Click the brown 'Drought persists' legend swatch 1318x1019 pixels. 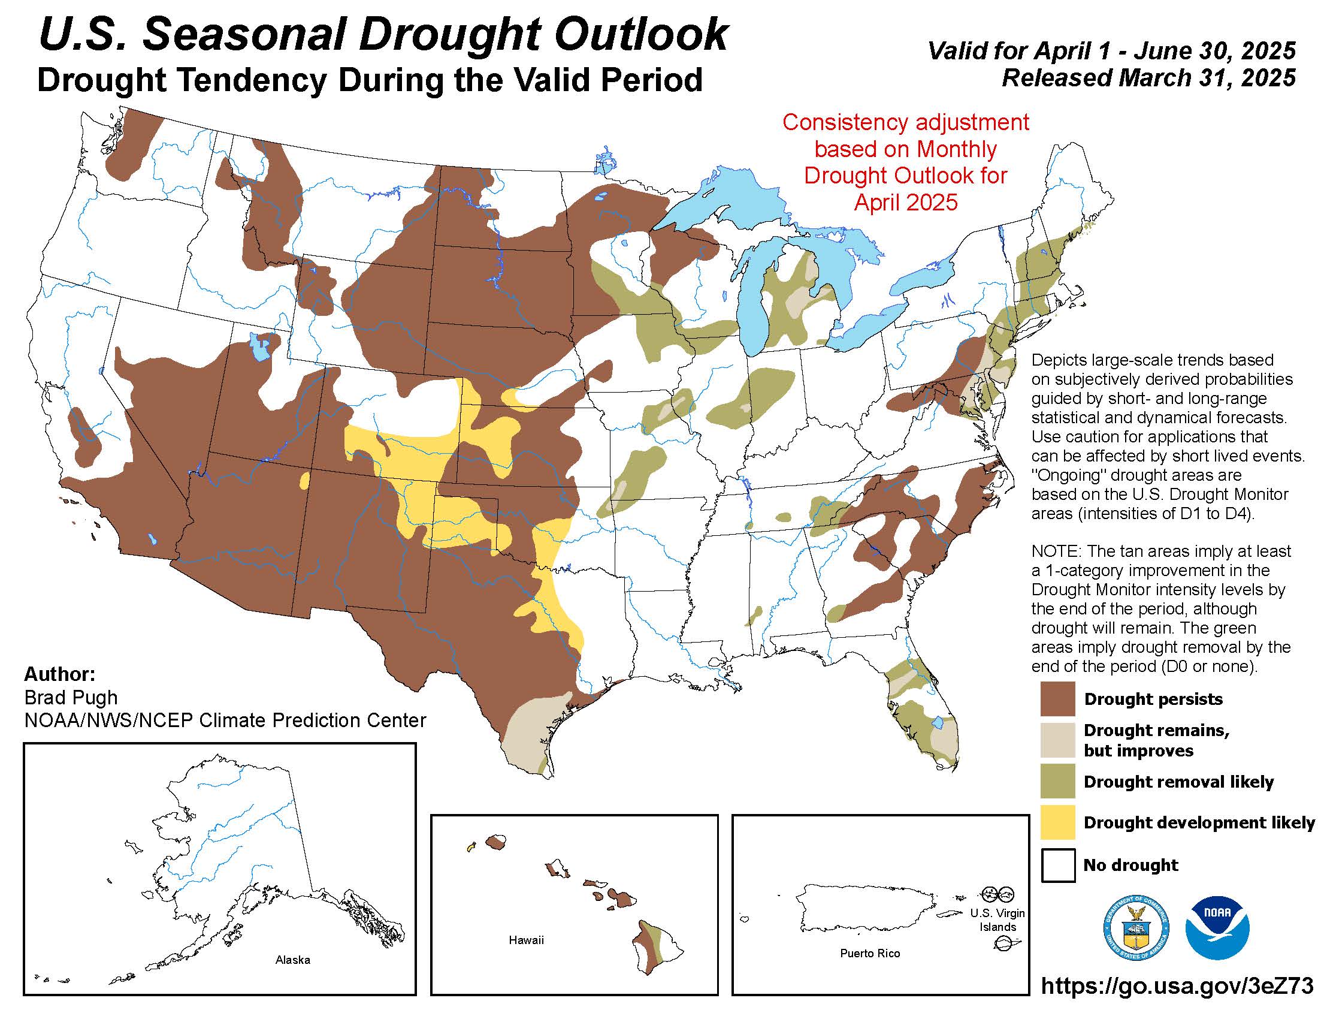tap(1057, 698)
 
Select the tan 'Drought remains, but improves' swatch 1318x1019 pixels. tap(1057, 740)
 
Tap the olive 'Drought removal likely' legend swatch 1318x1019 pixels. tap(1057, 781)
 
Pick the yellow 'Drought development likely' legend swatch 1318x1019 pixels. tap(1057, 822)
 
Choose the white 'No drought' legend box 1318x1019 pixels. tap(1057, 865)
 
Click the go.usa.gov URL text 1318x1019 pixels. tap(1177, 985)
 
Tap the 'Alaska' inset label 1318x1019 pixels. tap(293, 960)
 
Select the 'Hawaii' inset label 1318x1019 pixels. tap(526, 940)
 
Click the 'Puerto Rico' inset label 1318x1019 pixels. tap(870, 953)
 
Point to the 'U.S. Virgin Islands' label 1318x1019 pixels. tap(997, 920)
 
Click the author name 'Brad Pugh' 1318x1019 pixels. tap(71, 697)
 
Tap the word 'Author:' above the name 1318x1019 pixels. tap(60, 674)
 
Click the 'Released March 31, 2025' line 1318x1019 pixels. tap(1148, 78)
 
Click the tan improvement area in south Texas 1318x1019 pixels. tap(531, 734)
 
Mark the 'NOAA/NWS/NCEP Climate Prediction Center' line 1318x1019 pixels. tap(225, 720)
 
